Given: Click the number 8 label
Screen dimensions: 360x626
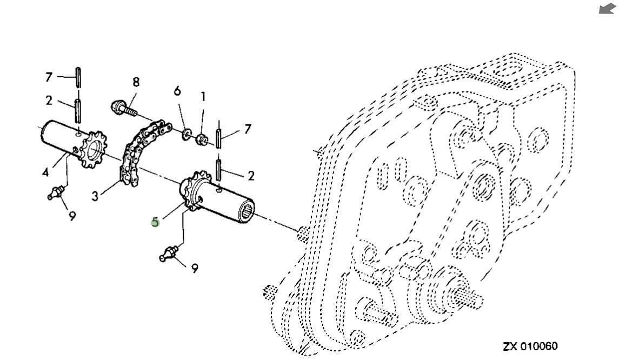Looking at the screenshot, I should tap(136, 82).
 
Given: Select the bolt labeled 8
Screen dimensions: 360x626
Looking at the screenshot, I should tap(120, 108).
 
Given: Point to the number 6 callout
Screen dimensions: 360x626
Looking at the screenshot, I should tap(177, 91).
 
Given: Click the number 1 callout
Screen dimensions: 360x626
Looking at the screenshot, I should tap(203, 97).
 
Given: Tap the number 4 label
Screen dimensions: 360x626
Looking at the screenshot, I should tap(45, 173).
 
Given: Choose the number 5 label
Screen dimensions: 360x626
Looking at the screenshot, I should tap(155, 221).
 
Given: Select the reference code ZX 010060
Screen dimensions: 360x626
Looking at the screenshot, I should tap(530, 346).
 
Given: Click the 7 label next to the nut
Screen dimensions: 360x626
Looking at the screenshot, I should tap(248, 129).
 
